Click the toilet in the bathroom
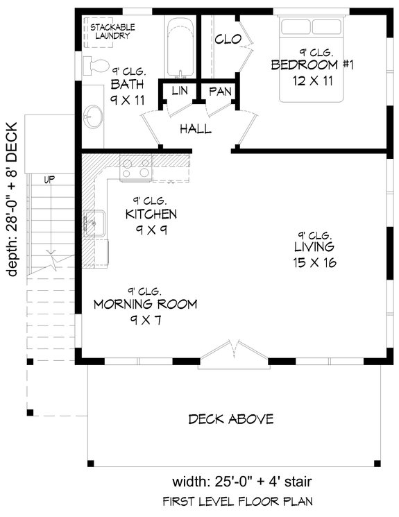click(95, 66)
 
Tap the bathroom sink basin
click(94, 116)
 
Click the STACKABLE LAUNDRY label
click(112, 31)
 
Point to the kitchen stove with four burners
click(136, 168)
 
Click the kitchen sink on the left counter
click(91, 223)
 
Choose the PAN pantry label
click(219, 92)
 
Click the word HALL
click(196, 129)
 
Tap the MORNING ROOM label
click(145, 304)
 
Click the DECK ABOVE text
click(230, 419)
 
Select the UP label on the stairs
click(50, 179)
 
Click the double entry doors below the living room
click(230, 352)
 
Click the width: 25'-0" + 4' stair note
click(237, 482)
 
